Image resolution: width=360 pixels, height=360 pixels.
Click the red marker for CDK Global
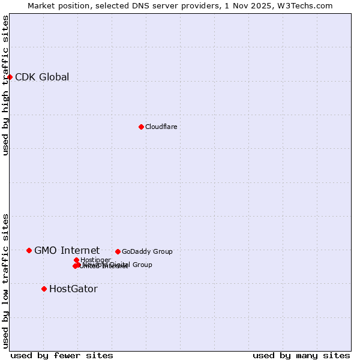[x=10, y=77]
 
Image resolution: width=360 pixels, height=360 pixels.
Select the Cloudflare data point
[x=141, y=127]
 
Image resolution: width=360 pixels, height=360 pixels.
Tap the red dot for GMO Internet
[x=29, y=250]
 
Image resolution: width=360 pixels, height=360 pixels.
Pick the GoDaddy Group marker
[x=118, y=251]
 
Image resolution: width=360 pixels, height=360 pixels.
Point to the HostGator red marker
[x=44, y=289]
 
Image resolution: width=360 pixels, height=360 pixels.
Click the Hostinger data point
[x=76, y=260]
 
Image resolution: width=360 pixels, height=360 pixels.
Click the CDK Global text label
[x=42, y=77]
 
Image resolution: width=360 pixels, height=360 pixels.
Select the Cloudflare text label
[x=161, y=127]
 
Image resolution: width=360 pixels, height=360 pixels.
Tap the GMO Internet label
[x=67, y=250]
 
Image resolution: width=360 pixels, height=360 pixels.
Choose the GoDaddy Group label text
[x=147, y=251]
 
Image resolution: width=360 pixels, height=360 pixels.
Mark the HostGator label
[x=73, y=289]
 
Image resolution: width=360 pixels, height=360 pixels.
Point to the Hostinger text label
[x=95, y=260]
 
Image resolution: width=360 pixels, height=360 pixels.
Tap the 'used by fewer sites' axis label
[x=62, y=355]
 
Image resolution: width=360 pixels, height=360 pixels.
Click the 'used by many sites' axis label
[x=301, y=355]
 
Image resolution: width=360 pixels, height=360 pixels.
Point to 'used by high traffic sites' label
[x=5, y=85]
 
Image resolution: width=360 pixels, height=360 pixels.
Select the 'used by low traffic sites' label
[x=5, y=281]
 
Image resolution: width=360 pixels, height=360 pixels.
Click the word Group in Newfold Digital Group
[x=142, y=265]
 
